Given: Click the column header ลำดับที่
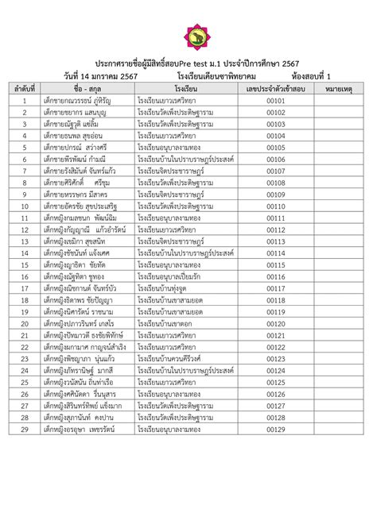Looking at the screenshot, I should (x=25, y=88).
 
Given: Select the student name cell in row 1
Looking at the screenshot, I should (x=80, y=101).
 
